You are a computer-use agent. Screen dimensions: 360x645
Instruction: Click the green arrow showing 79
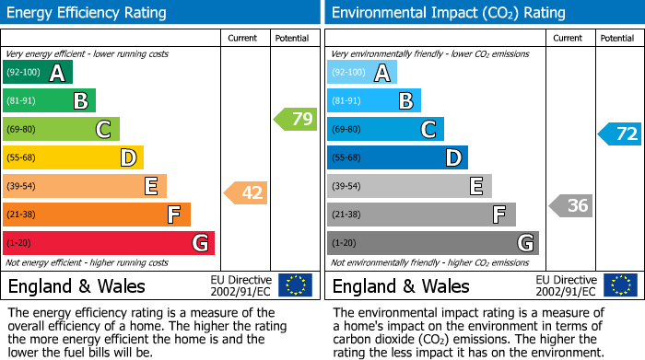pos(295,119)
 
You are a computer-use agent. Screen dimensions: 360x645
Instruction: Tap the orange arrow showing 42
pos(246,192)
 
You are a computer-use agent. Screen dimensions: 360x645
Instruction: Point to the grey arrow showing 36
pos(570,205)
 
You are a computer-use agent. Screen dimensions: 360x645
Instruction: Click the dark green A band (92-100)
pos(38,73)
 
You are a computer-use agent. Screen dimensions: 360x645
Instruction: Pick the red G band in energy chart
pos(109,243)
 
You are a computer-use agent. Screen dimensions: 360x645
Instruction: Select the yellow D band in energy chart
pos(73,158)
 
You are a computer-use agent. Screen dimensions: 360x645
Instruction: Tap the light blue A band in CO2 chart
pos(362,73)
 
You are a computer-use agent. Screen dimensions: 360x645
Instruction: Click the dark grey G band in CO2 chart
pos(432,243)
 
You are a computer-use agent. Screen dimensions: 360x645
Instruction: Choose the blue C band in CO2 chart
pos(385,130)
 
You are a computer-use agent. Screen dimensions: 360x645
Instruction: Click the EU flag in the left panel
pos(296,285)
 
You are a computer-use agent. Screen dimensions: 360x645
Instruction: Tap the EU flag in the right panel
pos(620,285)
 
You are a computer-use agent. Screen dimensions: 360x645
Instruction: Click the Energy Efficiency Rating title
pos(88,13)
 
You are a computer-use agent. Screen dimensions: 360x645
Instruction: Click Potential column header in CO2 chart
pos(617,38)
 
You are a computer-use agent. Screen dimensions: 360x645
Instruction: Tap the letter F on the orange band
pos(173,215)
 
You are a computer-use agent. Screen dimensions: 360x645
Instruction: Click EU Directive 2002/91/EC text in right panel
pos(565,285)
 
